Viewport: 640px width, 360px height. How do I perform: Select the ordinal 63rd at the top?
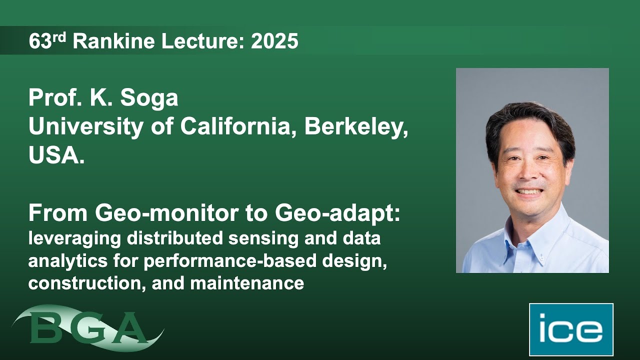pos(47,41)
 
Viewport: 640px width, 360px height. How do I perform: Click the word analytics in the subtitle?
pos(64,261)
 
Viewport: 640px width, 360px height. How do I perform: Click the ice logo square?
pos(571,329)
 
